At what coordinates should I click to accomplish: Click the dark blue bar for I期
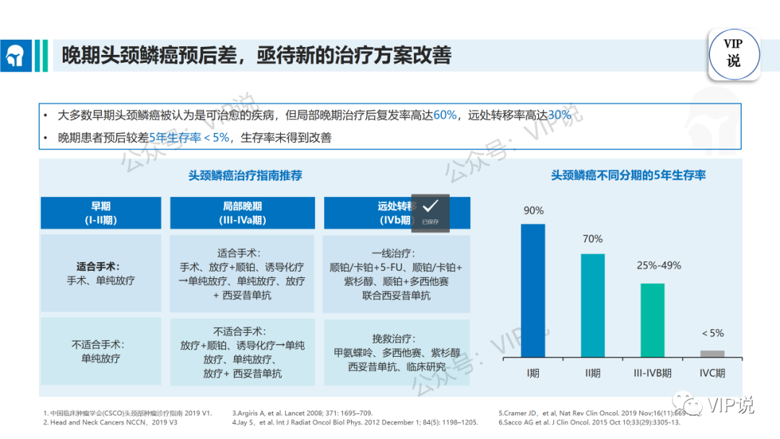click(533, 290)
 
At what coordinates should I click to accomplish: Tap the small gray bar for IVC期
click(712, 353)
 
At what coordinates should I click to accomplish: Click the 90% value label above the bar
click(534, 210)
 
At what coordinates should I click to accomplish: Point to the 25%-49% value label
click(659, 265)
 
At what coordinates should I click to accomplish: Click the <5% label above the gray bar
click(712, 333)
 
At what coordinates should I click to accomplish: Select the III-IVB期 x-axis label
click(652, 373)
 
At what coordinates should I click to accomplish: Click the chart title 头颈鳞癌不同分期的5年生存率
click(628, 175)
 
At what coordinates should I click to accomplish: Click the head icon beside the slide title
click(16, 56)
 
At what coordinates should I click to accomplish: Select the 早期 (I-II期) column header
click(100, 213)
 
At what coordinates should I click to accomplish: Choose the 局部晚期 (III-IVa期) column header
click(242, 213)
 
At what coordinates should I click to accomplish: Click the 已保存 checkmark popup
click(430, 212)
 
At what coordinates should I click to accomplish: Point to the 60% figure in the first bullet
click(445, 115)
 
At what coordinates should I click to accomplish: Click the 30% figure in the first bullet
click(560, 115)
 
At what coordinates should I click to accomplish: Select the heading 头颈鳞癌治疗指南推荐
click(245, 175)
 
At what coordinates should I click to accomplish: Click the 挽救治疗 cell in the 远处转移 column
click(396, 352)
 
